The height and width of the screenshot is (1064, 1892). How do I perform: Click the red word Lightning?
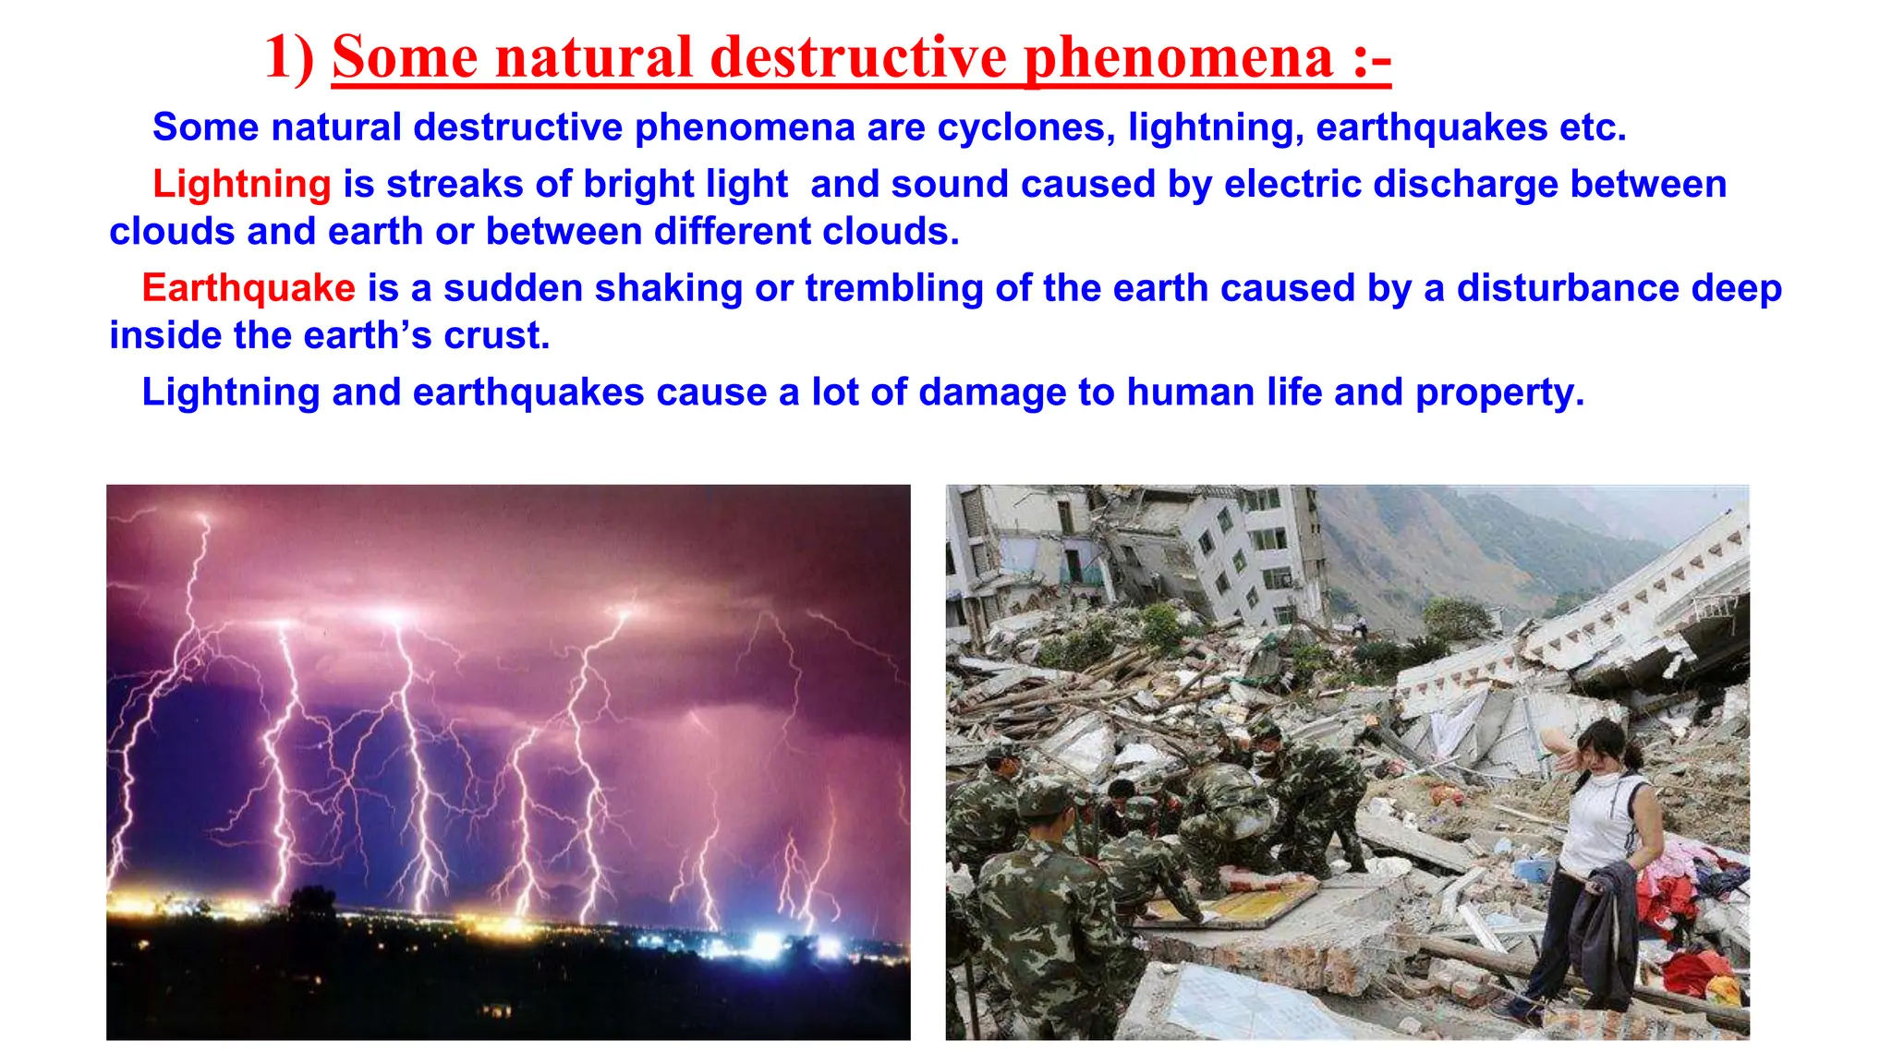(x=241, y=184)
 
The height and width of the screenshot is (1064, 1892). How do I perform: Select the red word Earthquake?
(x=248, y=288)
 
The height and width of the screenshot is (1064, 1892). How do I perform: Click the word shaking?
(x=668, y=288)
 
